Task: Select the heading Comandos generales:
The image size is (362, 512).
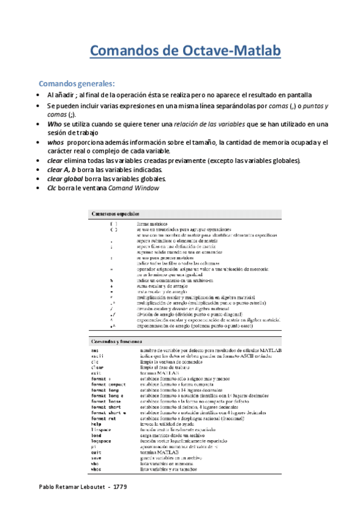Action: (76, 83)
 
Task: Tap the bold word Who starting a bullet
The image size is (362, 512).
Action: (54, 124)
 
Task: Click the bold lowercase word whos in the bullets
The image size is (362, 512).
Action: (56, 142)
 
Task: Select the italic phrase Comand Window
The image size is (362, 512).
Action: (133, 188)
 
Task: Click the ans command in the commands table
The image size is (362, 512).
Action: (95, 351)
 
